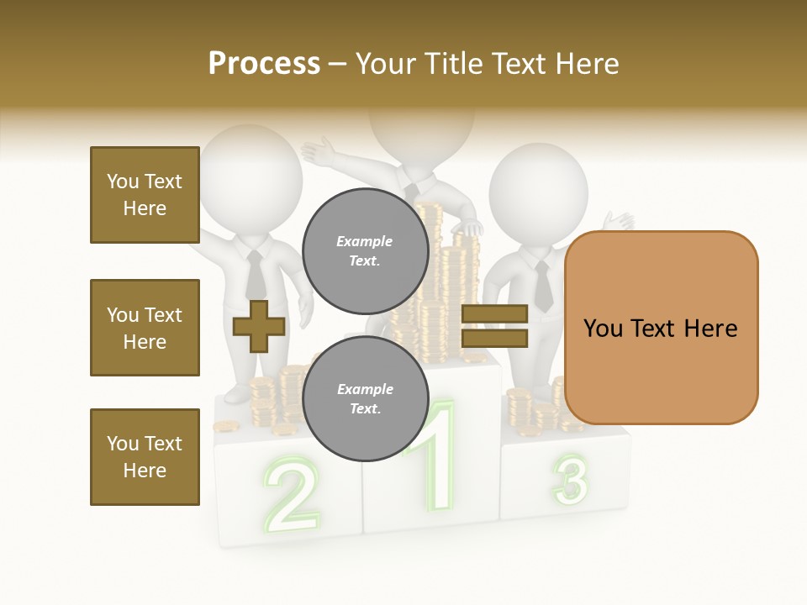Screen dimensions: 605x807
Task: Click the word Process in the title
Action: click(264, 64)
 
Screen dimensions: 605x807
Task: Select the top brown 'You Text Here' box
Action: click(145, 195)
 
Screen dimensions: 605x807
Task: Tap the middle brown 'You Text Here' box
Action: click(145, 328)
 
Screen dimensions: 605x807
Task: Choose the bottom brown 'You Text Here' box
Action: click(145, 457)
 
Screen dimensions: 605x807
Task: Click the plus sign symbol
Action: click(258, 326)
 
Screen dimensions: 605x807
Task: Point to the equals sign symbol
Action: click(494, 326)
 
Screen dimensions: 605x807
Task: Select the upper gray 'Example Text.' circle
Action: click(365, 250)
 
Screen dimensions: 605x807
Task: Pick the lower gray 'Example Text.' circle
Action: click(365, 398)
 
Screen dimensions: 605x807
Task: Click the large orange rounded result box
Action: click(661, 328)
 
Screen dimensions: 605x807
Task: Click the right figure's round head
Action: click(538, 193)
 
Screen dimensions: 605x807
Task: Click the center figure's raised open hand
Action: click(319, 152)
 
